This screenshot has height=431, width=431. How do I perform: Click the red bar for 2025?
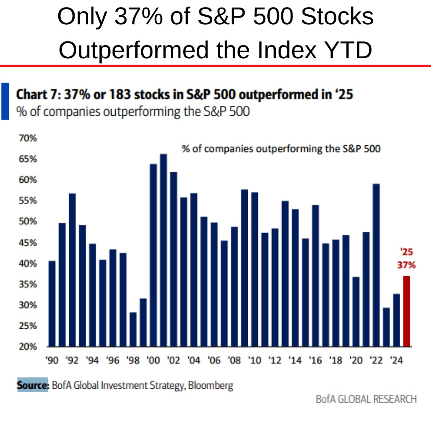pos(406,311)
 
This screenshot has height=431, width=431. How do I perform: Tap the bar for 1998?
pos(132,329)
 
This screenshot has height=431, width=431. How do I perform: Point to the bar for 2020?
pos(356,311)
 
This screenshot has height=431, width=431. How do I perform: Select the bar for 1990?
pos(52,303)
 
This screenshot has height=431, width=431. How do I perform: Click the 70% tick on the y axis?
pos(27,138)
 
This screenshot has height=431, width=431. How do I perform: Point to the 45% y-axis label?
pos(27,243)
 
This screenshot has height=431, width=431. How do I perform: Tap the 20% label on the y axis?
pos(27,347)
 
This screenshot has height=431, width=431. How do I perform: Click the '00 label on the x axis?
pos(153,361)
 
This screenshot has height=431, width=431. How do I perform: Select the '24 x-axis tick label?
pos(396,361)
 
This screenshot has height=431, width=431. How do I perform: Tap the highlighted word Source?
pos(32,386)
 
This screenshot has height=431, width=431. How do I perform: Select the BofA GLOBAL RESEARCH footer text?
pos(366,399)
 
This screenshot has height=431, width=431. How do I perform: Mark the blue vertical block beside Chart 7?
pos(5,101)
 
